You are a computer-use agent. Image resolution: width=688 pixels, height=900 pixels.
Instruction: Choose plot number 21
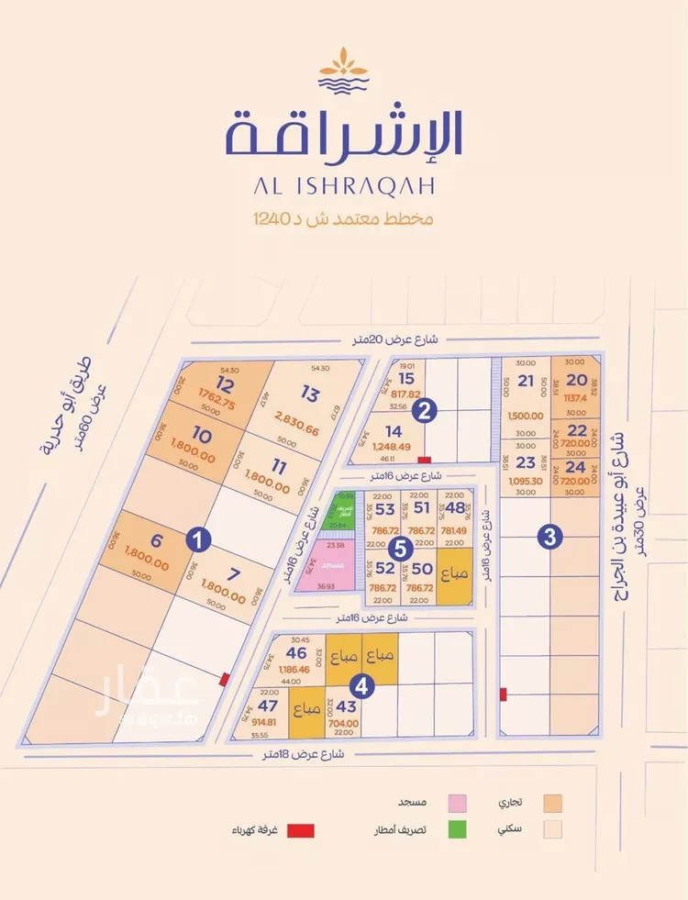[526, 382]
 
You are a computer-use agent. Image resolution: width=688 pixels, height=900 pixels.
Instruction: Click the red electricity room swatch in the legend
[301, 830]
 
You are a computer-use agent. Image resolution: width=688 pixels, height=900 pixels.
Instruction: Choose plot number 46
[295, 653]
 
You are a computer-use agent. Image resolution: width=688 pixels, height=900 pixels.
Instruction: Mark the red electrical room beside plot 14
[423, 459]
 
